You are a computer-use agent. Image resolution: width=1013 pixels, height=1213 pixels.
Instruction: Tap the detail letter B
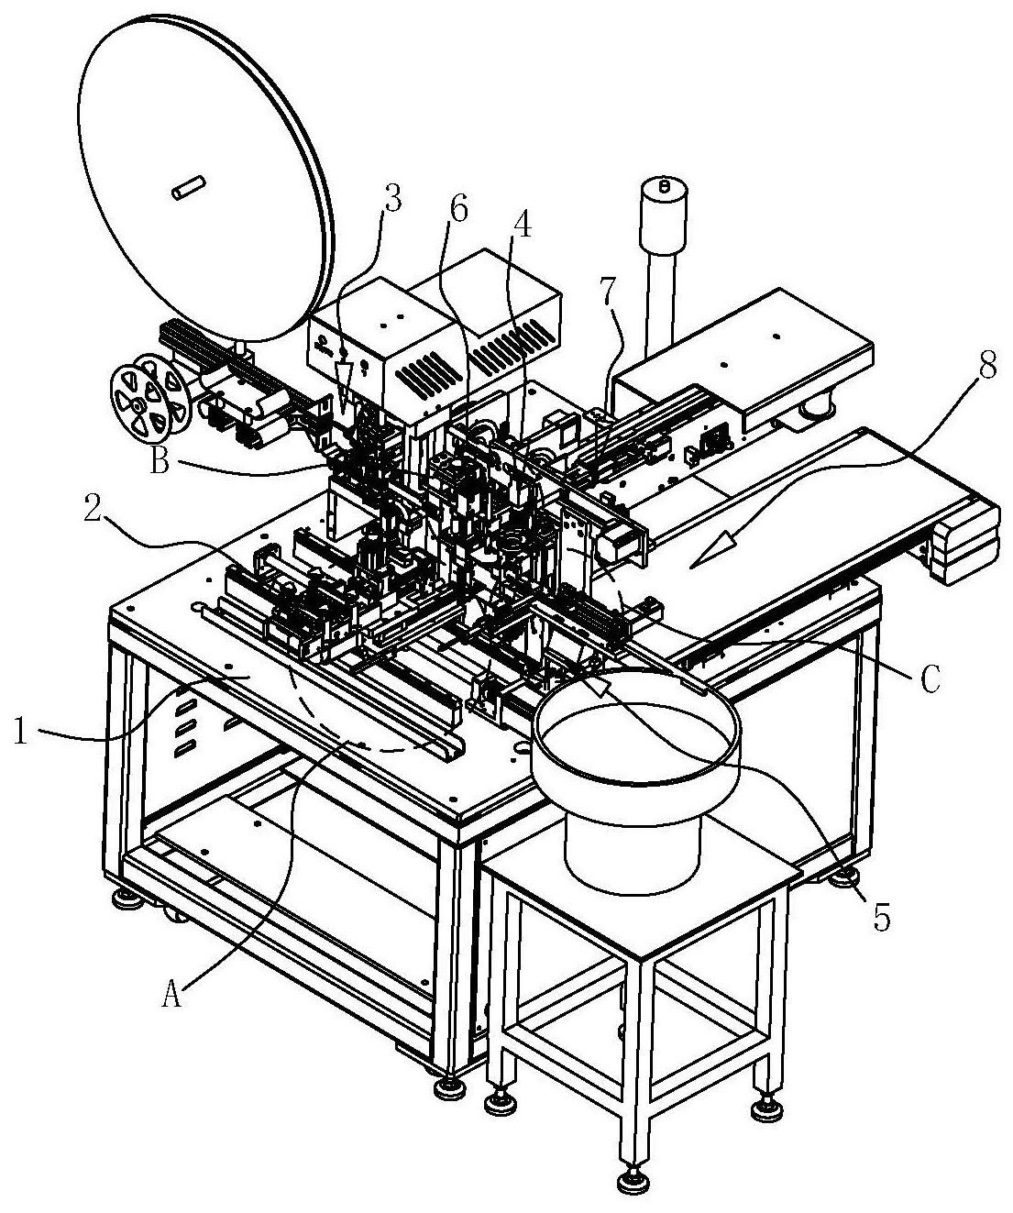pyautogui.click(x=160, y=463)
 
